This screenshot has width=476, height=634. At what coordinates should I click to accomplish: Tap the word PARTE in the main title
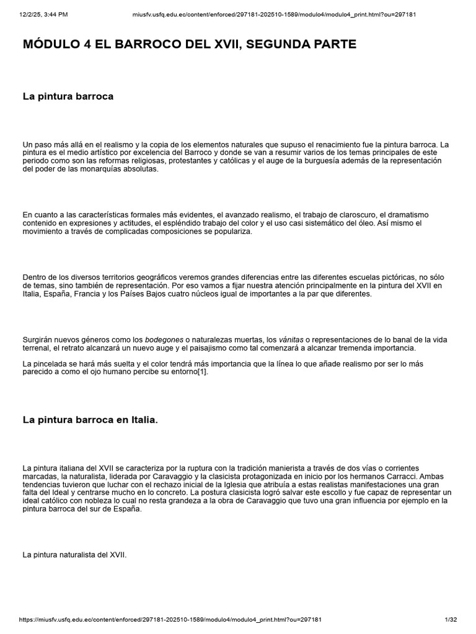coord(328,45)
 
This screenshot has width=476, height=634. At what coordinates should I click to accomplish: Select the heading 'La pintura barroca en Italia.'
coord(90,420)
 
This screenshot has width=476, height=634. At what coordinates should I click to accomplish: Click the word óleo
coord(374,223)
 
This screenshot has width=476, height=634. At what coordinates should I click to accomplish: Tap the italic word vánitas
coord(291,340)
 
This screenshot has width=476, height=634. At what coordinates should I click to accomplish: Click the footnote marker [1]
coord(202,372)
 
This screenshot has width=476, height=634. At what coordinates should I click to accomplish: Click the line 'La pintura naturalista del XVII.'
coord(74,555)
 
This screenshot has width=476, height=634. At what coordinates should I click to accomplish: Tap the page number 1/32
coord(451,620)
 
